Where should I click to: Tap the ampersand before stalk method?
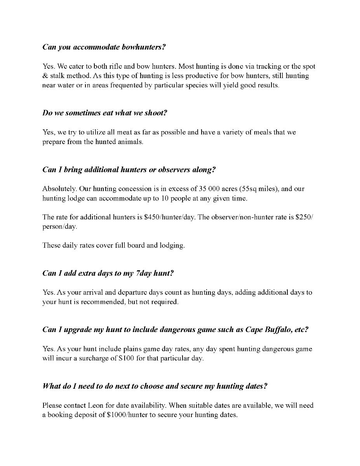(45, 76)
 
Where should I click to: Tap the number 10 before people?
(175, 198)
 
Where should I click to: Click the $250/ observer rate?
(304, 217)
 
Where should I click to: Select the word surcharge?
(103, 358)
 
